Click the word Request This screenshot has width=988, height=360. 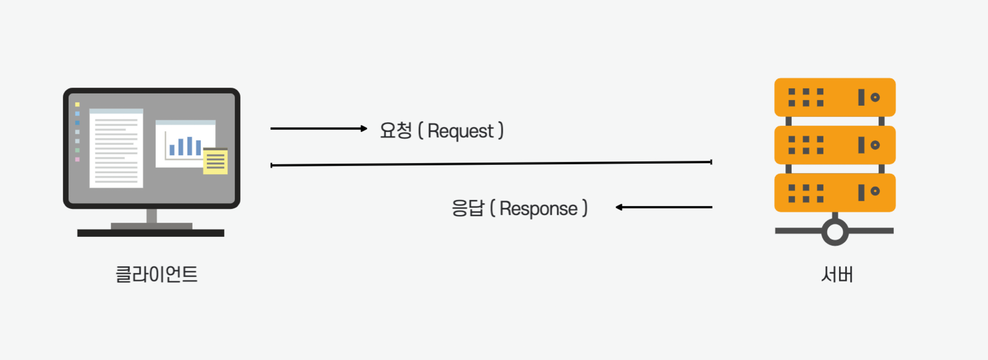460,131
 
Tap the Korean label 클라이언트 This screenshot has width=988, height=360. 157,275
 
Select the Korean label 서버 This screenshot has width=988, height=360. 836,275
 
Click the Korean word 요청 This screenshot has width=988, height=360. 395,130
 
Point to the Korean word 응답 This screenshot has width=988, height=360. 467,208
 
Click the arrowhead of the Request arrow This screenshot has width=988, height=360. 364,129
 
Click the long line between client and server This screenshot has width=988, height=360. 491,164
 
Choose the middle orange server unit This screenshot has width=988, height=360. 835,145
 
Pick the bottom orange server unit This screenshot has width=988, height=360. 835,193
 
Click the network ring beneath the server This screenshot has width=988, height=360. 835,231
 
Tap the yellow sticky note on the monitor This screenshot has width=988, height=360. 215,161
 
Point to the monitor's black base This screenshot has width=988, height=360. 151,233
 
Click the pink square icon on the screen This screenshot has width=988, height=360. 77,159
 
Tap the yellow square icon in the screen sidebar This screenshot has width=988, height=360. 77,104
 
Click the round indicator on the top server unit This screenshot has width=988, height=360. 875,98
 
